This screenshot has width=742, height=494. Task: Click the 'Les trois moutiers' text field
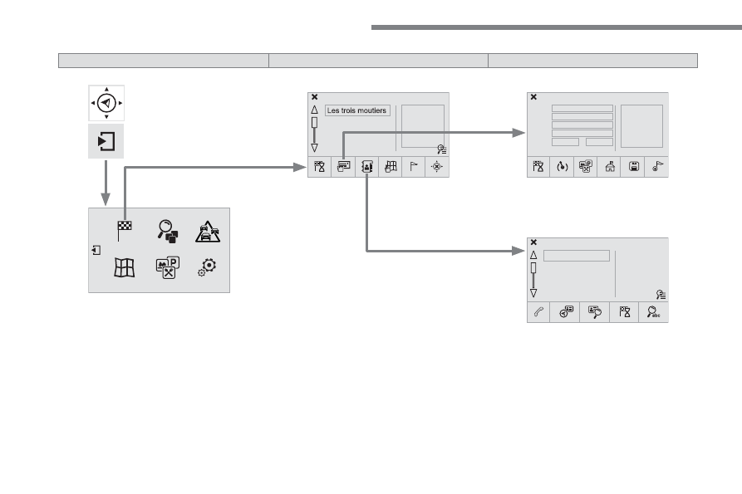(x=358, y=110)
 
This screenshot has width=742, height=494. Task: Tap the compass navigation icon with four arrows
(x=106, y=103)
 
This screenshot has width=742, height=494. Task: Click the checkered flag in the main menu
(x=125, y=231)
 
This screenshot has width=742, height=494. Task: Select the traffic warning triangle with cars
(x=208, y=232)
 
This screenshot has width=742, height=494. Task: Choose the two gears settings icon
(x=207, y=267)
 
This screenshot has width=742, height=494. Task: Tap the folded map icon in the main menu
(x=125, y=267)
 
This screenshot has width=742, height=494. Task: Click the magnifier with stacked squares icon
(x=168, y=231)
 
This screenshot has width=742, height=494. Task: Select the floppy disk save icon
(x=634, y=166)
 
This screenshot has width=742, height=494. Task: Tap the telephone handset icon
(x=538, y=312)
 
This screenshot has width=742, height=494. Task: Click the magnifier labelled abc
(x=653, y=312)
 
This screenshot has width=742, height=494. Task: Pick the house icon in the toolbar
(x=610, y=166)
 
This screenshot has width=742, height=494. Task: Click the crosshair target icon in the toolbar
(x=437, y=166)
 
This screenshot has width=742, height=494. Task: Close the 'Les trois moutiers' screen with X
(x=315, y=97)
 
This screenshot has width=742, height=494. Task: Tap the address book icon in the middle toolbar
(x=367, y=166)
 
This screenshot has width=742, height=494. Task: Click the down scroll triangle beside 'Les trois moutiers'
(x=314, y=148)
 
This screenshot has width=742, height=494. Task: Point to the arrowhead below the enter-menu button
(x=106, y=199)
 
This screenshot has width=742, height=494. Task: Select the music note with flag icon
(x=657, y=166)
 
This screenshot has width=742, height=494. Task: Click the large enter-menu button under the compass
(x=106, y=141)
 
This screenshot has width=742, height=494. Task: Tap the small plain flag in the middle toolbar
(x=414, y=166)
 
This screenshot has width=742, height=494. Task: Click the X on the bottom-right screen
(x=533, y=242)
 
